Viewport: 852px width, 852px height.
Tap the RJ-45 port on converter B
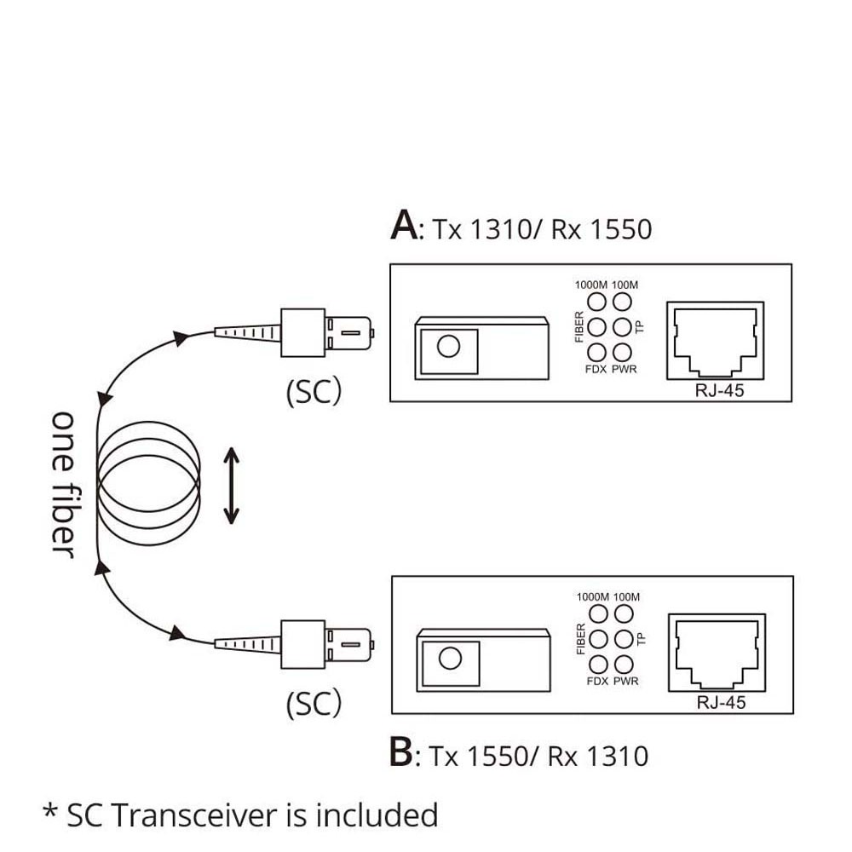(x=717, y=652)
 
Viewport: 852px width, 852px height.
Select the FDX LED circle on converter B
(x=598, y=665)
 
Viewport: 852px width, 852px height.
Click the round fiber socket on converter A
(x=446, y=346)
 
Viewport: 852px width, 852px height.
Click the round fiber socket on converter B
(x=448, y=659)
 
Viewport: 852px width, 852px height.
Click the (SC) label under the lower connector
(x=314, y=704)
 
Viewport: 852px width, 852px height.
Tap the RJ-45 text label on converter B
(x=721, y=703)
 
